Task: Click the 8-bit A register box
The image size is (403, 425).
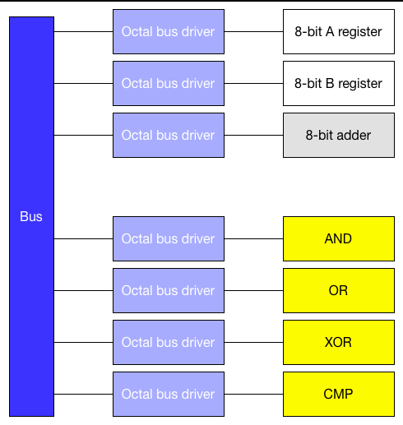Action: tap(339, 31)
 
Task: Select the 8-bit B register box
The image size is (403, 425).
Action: tap(339, 83)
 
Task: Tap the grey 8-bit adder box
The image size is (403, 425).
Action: tap(339, 135)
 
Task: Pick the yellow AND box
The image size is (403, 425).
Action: tap(339, 238)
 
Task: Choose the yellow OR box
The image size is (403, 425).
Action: tap(339, 290)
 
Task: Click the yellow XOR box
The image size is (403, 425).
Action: tap(339, 342)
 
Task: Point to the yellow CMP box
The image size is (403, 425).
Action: tap(339, 394)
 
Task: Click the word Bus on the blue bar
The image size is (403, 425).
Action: tap(31, 216)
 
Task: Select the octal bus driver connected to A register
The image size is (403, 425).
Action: tap(169, 31)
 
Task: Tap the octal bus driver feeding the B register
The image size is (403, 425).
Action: tap(169, 83)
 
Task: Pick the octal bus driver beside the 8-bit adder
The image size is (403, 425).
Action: tap(169, 135)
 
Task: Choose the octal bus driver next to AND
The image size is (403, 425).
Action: tap(169, 238)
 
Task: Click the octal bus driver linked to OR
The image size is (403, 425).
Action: tap(169, 290)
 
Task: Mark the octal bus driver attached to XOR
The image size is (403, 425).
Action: tap(169, 342)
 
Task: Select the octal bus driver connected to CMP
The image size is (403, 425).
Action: tap(169, 394)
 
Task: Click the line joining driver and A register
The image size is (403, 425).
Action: tap(254, 31)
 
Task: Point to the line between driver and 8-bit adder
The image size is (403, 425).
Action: tap(254, 135)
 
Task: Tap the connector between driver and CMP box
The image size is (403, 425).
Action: tap(254, 394)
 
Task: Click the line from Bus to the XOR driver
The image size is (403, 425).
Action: tap(83, 342)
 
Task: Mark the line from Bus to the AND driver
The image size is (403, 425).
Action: tap(83, 238)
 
